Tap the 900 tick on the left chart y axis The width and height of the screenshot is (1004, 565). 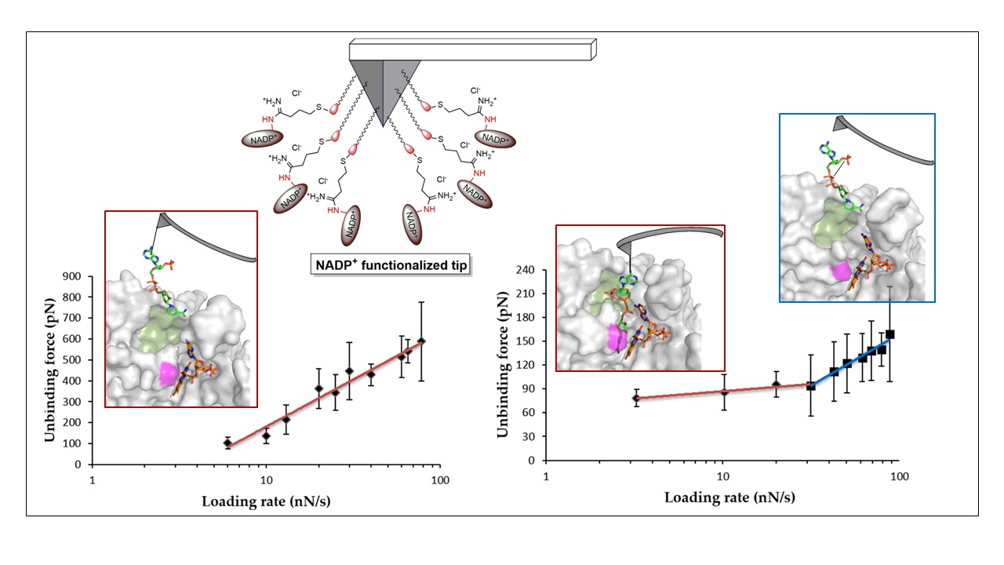[71, 277]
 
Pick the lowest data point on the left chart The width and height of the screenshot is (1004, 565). [228, 443]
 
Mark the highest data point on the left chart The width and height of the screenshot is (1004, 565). [421, 341]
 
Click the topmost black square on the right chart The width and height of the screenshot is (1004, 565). [889, 334]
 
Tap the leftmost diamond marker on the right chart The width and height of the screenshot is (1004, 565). [636, 399]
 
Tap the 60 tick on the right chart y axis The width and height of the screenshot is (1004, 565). [527, 413]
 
